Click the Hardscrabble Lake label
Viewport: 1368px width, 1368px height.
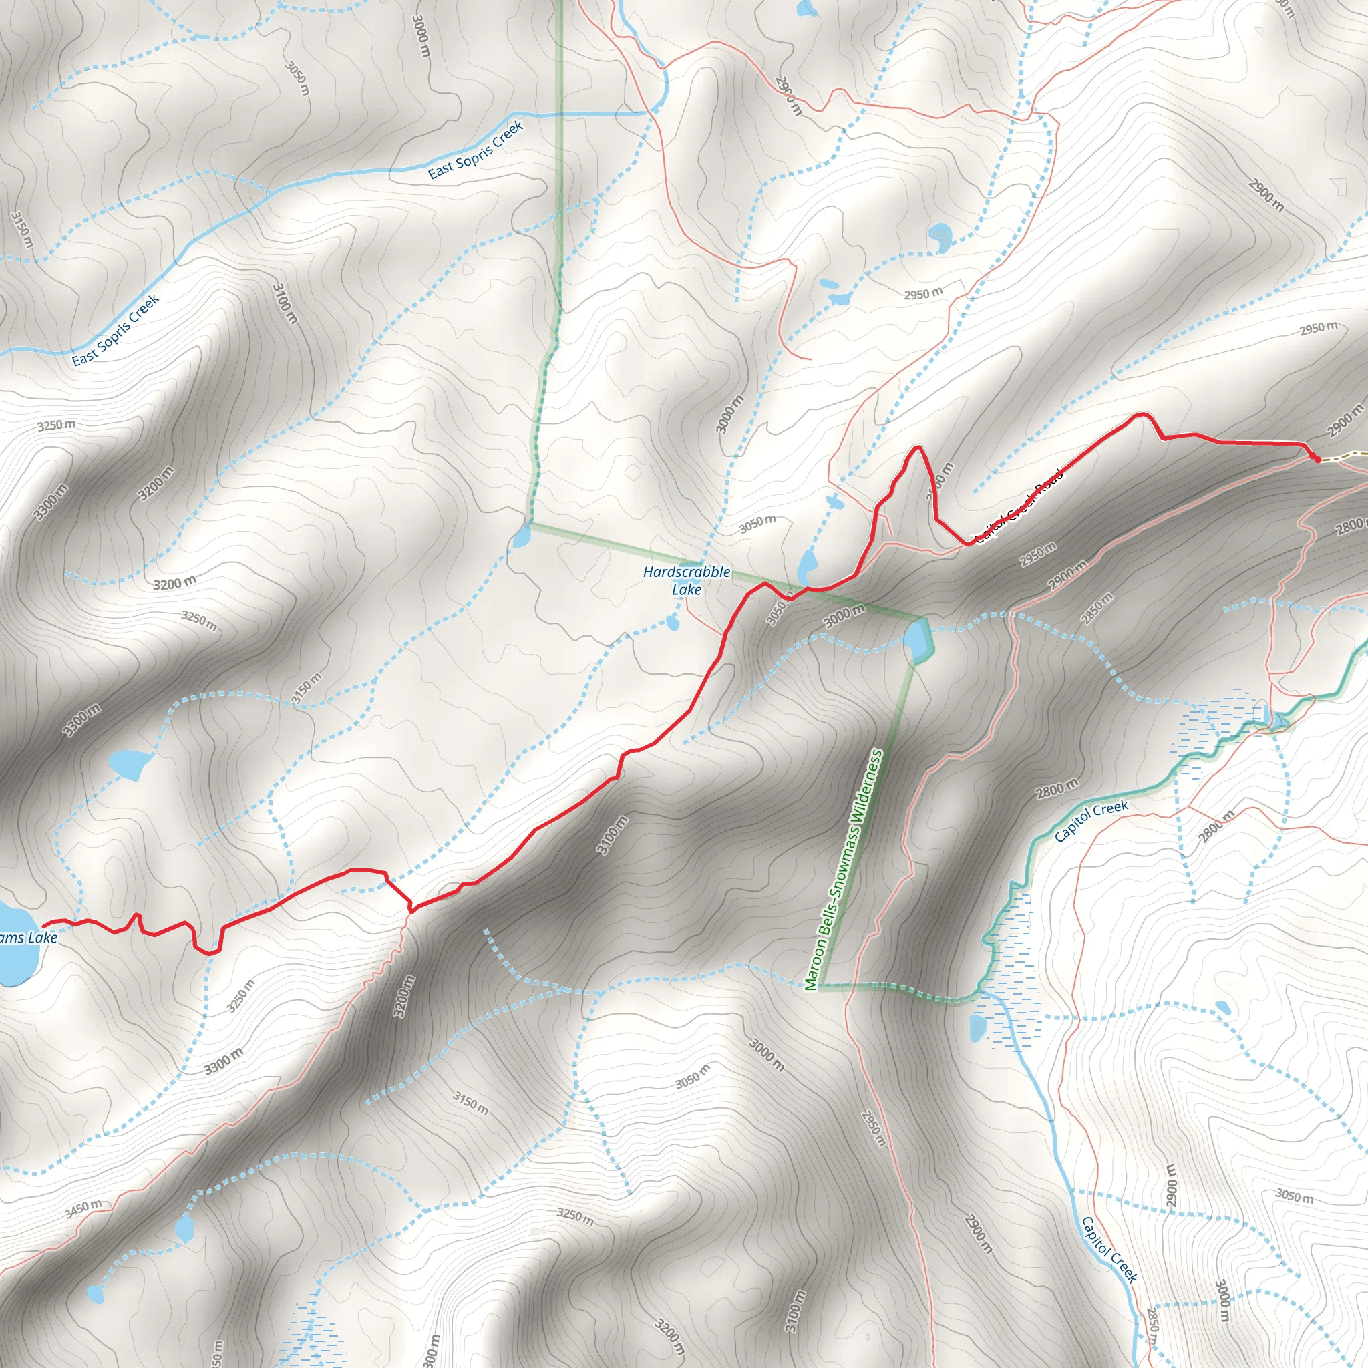tap(686, 580)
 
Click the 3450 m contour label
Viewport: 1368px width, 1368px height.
tap(83, 1208)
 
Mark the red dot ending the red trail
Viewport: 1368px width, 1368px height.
tap(1316, 459)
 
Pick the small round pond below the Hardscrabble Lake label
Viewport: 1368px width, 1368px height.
tap(672, 623)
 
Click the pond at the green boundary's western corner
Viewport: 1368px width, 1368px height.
tap(521, 536)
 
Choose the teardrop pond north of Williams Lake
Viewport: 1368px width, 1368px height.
tap(128, 764)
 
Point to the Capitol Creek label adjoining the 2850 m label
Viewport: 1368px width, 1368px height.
tap(1109, 1250)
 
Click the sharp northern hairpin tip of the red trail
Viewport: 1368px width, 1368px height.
tap(918, 447)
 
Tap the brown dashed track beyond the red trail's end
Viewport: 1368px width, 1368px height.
tap(1345, 457)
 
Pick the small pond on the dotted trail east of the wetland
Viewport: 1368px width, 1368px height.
tap(1222, 1006)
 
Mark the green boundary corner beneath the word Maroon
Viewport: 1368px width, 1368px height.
tap(818, 986)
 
